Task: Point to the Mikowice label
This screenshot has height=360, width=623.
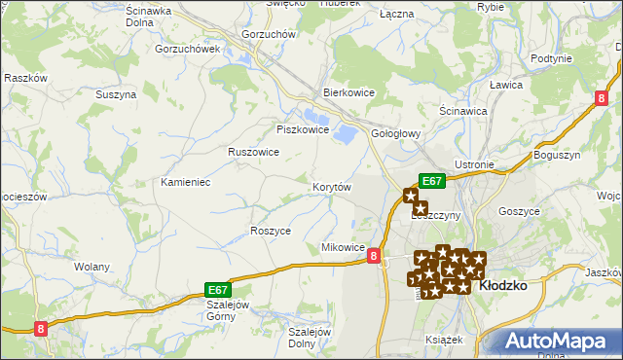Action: [x=343, y=248]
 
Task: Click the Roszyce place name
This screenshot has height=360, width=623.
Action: [x=271, y=231]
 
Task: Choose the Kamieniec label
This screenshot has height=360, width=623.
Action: [x=186, y=182]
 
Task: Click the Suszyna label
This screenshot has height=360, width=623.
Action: [x=115, y=94]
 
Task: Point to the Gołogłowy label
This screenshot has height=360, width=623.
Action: [x=395, y=134]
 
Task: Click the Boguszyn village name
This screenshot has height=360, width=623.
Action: [x=557, y=156]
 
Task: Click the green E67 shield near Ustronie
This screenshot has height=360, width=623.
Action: [x=432, y=180]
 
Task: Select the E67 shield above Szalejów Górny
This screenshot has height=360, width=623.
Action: [x=219, y=290]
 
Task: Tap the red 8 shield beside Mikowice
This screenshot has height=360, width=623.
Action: [x=375, y=256]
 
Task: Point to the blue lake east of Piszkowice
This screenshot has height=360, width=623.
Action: [x=344, y=132]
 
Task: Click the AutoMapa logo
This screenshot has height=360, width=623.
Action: [x=561, y=341]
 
